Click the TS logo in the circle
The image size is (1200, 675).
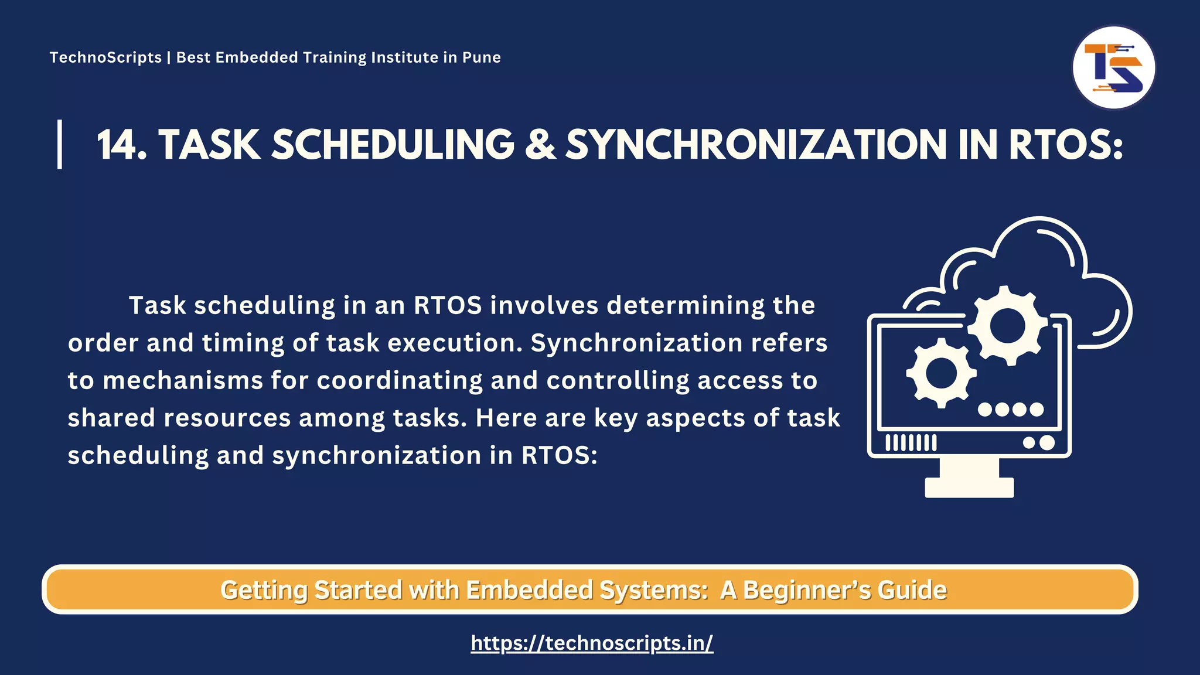click(x=1113, y=68)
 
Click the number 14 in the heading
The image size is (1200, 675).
click(x=120, y=145)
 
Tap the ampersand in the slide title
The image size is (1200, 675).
click(x=540, y=145)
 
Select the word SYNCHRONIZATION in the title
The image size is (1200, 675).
click(x=755, y=145)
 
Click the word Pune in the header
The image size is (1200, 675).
click(x=481, y=57)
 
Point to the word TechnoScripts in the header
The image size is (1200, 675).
click(x=105, y=57)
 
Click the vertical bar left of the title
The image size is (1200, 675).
click(x=60, y=144)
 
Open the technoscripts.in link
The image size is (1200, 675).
click(x=592, y=643)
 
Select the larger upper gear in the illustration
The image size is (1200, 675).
click(x=1007, y=325)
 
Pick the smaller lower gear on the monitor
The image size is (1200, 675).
click(x=941, y=373)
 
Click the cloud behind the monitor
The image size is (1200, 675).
click(x=1043, y=258)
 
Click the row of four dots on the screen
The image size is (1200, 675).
click(x=1011, y=409)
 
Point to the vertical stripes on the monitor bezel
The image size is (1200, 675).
click(x=911, y=442)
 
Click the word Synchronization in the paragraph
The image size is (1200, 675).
click(x=636, y=343)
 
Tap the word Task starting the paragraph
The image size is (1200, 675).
click(x=157, y=305)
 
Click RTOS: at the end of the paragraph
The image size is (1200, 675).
click(x=559, y=455)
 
